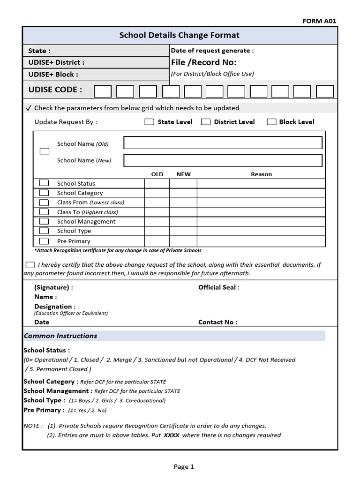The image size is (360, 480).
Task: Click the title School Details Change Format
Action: [180, 35]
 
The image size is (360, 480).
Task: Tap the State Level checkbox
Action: [149, 122]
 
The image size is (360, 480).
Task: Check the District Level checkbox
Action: [205, 122]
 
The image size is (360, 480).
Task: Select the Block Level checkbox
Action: [271, 122]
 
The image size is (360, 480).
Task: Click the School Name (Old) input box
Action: [223, 143]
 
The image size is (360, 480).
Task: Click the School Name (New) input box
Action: [223, 160]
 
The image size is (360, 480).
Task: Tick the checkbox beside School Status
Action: [44, 183]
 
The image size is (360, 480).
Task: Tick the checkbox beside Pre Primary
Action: [44, 241]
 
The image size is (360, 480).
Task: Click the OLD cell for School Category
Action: [157, 193]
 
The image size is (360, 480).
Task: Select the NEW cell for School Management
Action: [183, 221]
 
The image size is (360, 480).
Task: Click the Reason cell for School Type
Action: [261, 231]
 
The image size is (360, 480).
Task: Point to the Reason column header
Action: [261, 174]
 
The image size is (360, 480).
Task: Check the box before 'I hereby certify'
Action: [30, 265]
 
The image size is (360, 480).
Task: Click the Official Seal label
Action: [218, 287]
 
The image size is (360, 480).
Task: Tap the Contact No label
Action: [217, 322]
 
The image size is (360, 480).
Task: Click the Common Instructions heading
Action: [60, 336]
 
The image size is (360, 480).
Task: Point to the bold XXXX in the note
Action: [172, 435]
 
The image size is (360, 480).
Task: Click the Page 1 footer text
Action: [183, 466]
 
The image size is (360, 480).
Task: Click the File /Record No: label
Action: [204, 62]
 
